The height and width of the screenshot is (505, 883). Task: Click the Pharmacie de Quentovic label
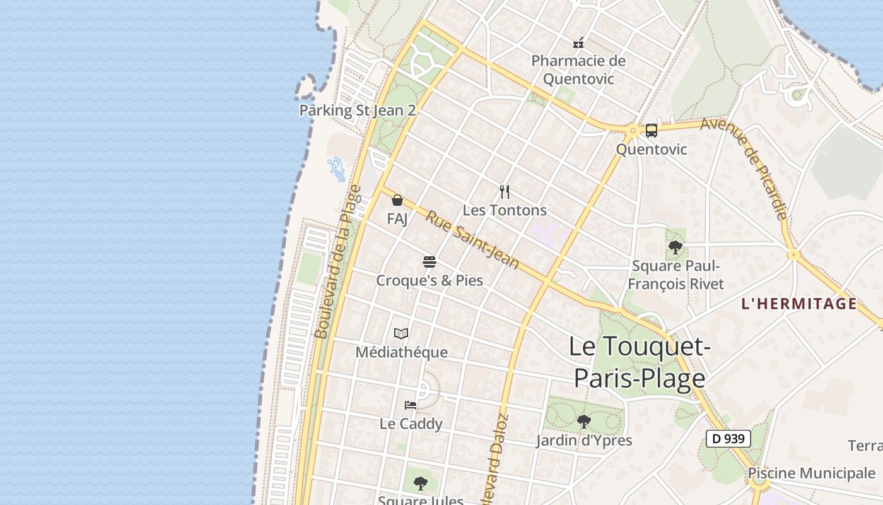578,70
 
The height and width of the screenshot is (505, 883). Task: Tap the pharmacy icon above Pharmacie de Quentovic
578,43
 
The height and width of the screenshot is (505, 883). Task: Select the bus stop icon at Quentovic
652,131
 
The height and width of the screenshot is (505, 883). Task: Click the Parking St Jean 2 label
358,110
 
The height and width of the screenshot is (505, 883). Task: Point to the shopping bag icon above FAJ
397,200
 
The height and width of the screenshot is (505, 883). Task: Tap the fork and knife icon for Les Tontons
505,191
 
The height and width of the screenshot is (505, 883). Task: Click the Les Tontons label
505,210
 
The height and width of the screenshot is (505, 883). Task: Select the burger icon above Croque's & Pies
430,261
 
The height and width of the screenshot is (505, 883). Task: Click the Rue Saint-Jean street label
472,240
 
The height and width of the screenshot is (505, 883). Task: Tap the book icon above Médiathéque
401,333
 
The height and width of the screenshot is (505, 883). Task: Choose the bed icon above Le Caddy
411,405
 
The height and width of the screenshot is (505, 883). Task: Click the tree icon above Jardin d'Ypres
584,421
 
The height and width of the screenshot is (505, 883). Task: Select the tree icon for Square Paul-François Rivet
675,247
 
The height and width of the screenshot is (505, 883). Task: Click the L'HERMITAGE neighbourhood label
799,304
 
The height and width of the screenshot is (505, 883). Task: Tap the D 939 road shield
728,439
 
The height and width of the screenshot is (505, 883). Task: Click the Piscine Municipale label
811,473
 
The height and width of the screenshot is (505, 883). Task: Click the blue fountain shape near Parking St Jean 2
336,169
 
